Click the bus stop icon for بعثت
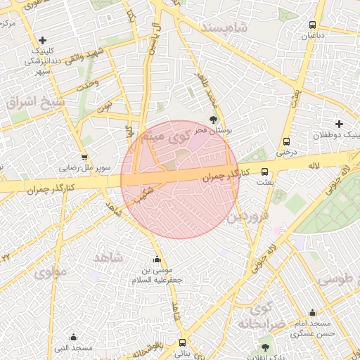click(265, 172)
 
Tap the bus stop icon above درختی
click(286, 141)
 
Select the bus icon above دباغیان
click(312, 26)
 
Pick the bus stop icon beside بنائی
click(182, 343)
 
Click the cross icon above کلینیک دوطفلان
click(340, 124)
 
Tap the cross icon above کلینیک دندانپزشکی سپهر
click(43, 40)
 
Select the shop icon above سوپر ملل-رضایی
click(84, 157)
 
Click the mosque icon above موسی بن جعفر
click(157, 259)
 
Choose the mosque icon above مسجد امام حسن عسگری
click(312, 313)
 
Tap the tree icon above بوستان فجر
click(214, 120)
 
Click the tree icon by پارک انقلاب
click(265, 347)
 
